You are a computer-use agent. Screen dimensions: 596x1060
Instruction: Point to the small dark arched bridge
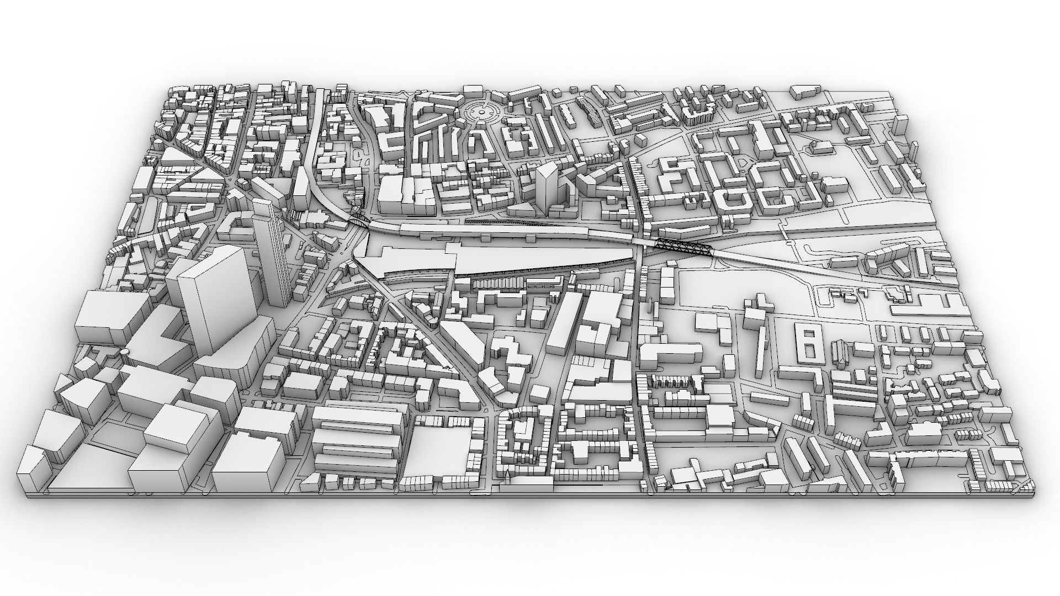point(359,220)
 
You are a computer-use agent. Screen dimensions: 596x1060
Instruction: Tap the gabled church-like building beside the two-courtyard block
point(840,353)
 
